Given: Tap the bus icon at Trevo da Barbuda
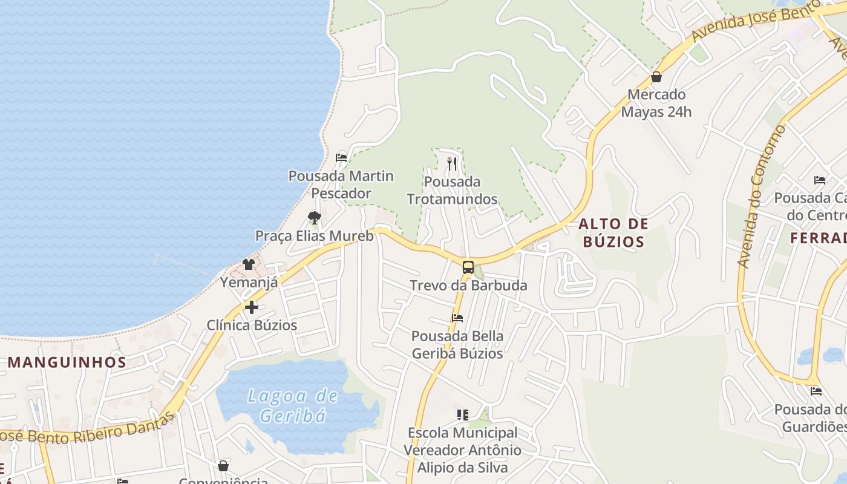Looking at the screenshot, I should (x=468, y=267).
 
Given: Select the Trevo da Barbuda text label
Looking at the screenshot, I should (x=468, y=285).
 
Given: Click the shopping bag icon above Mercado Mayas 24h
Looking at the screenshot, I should (x=656, y=77).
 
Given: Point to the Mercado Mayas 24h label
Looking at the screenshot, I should (x=656, y=103).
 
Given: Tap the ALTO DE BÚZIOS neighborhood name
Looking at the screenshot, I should (x=612, y=233).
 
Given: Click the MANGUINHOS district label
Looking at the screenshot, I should (x=67, y=362).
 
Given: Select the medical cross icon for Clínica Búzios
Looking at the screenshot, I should (x=252, y=307).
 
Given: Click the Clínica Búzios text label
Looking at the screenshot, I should (x=252, y=325).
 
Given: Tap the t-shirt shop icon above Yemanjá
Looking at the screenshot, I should (x=249, y=264).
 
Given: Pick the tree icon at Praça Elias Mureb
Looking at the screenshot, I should (x=314, y=218).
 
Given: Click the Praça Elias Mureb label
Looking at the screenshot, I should (x=314, y=235).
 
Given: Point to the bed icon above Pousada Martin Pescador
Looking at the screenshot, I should (x=341, y=158).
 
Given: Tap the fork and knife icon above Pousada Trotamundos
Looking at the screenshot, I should (x=452, y=163).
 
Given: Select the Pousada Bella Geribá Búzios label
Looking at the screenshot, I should (x=457, y=344).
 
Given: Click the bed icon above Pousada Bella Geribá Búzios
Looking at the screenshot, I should (x=457, y=318).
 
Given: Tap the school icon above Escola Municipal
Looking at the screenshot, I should (x=463, y=415).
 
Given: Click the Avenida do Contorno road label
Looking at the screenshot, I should (x=760, y=197).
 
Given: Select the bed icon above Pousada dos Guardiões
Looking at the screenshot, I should (x=816, y=391).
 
